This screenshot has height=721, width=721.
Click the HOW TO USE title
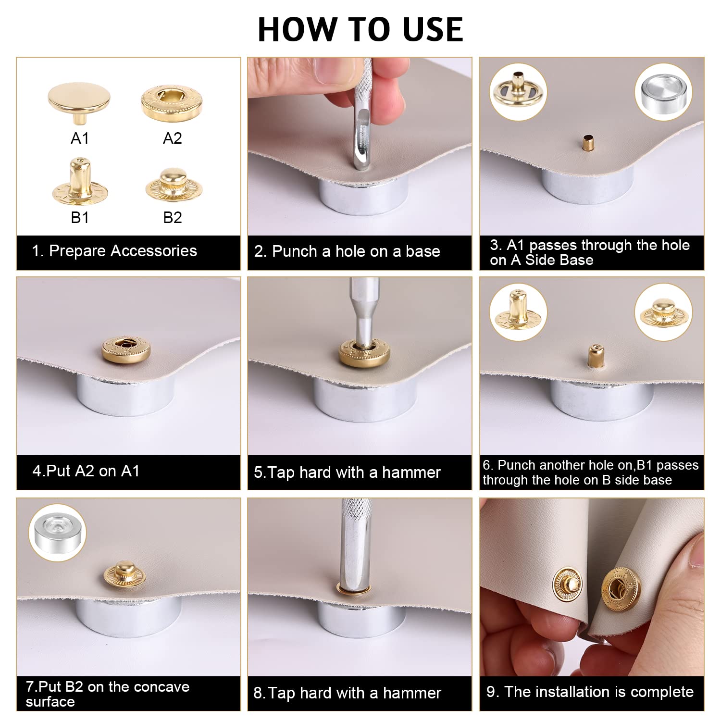[x=360, y=29]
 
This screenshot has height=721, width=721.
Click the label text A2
[x=173, y=138]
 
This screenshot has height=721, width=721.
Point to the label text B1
[x=80, y=218]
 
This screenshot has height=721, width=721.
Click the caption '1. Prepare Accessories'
[x=114, y=251]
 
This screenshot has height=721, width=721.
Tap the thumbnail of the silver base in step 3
[x=663, y=91]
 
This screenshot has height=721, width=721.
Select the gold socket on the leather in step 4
[x=126, y=349]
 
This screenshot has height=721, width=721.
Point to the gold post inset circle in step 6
[x=518, y=312]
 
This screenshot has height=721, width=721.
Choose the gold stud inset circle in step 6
[x=663, y=312]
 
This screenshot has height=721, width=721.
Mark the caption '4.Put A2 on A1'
[x=86, y=471]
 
